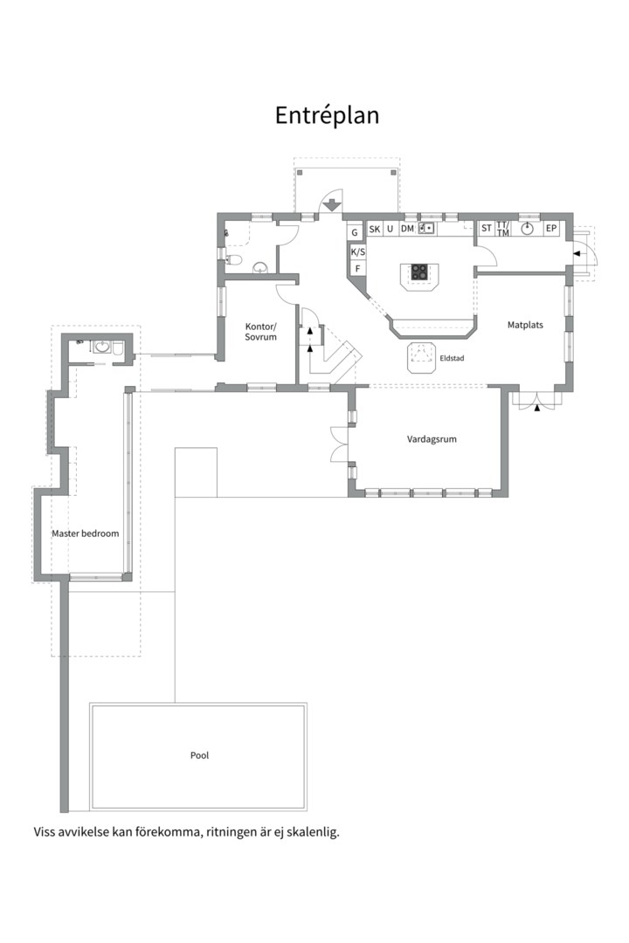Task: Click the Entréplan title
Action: click(327, 115)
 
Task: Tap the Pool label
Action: click(199, 755)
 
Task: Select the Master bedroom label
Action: click(86, 533)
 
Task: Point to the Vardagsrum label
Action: click(432, 439)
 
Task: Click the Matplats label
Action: click(525, 325)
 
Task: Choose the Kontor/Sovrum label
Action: click(260, 332)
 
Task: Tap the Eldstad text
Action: click(452, 359)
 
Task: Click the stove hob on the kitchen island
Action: click(419, 272)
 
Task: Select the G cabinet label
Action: click(355, 232)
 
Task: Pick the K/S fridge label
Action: click(357, 252)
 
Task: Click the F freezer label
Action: click(357, 268)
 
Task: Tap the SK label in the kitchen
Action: click(375, 229)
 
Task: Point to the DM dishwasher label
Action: click(407, 229)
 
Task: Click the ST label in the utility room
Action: click(487, 229)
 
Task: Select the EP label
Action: click(550, 229)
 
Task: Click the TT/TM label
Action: click(502, 229)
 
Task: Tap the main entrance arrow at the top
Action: click(330, 205)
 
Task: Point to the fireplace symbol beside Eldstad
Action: click(421, 358)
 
